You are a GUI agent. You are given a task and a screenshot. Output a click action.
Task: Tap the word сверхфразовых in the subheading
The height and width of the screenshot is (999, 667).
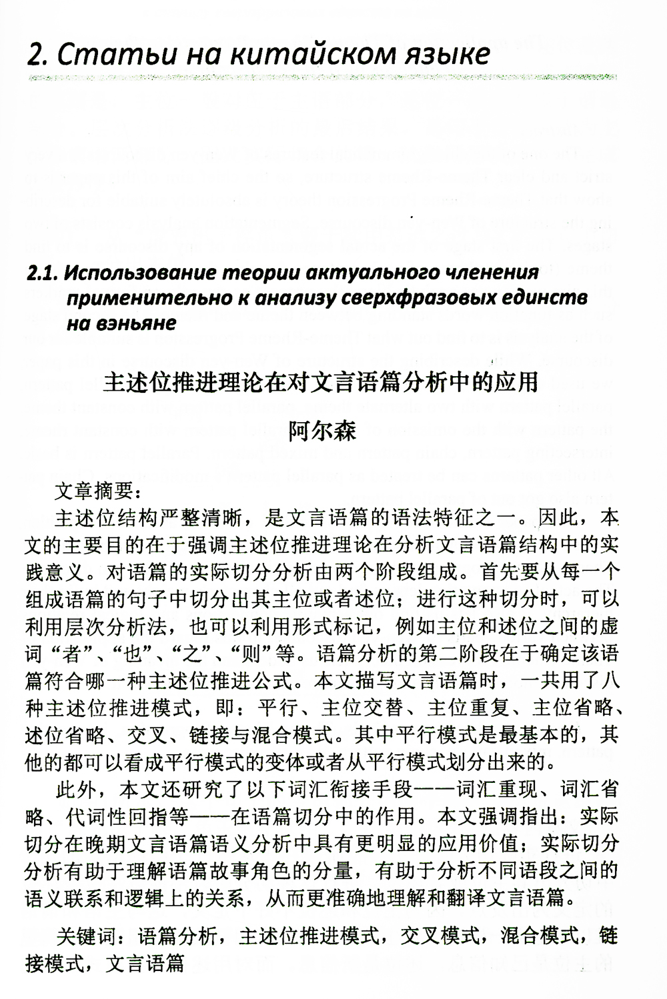[425, 298]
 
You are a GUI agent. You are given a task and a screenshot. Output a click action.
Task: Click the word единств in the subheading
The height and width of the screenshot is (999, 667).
[555, 298]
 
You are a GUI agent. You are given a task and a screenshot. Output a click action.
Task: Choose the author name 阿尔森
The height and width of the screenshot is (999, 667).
[322, 431]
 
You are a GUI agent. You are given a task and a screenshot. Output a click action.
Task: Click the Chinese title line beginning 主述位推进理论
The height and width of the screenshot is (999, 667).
[321, 383]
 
